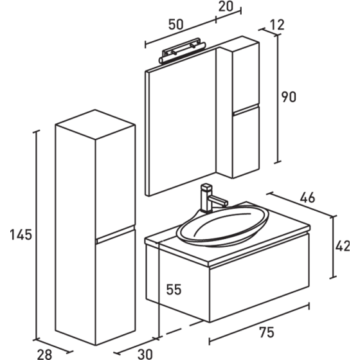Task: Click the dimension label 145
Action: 20,235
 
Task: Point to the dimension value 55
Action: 174,290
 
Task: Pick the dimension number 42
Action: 344,246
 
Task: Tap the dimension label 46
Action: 307,199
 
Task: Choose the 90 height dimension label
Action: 290,98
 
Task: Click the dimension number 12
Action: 277,25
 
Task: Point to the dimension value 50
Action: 175,24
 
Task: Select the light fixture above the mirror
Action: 181,51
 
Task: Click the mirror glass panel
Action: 183,122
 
